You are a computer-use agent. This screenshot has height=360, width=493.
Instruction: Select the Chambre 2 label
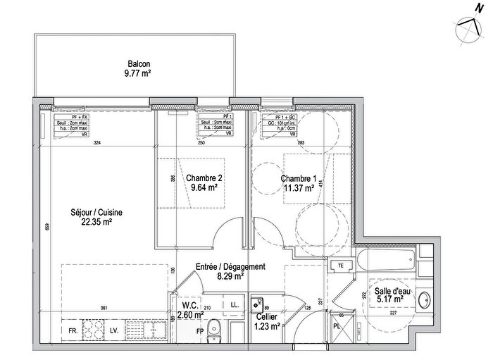coord(205,182)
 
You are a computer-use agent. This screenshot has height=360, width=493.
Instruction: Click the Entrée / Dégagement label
coord(230,271)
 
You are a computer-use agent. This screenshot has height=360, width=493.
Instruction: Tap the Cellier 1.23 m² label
coord(269,321)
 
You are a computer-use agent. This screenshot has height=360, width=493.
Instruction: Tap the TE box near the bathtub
coord(341,266)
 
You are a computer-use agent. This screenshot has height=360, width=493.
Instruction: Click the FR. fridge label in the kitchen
coord(72,330)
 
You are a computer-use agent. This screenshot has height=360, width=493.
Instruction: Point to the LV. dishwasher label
coord(114,330)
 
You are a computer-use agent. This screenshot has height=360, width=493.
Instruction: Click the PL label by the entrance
coord(337,327)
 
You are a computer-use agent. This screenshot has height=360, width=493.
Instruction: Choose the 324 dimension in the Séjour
coord(97,144)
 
